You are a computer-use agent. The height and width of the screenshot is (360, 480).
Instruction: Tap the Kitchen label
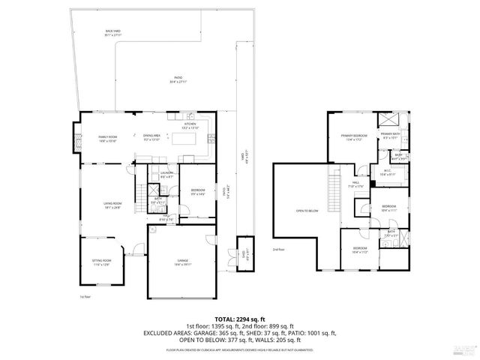[x=189, y=125]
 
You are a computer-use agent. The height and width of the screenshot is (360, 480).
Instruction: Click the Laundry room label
[x=166, y=175]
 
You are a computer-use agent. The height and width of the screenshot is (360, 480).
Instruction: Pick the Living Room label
[x=112, y=204]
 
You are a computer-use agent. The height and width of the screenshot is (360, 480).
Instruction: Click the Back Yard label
[x=113, y=32]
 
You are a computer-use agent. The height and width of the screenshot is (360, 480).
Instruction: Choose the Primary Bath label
[x=392, y=136]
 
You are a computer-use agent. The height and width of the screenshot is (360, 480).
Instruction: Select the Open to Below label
[x=307, y=211]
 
